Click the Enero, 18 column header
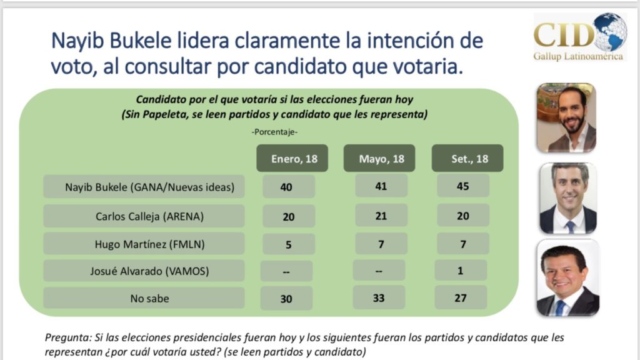point(292,158)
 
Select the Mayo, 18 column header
point(379,158)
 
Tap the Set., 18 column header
point(467,158)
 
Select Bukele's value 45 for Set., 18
point(463,186)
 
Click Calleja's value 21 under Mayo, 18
point(381,215)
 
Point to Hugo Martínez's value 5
point(289,244)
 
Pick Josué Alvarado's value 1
point(461,270)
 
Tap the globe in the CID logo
point(610,32)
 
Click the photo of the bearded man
point(566,117)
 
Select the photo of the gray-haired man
point(568,198)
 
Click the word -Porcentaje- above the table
point(274,132)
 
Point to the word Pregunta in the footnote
point(67,338)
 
